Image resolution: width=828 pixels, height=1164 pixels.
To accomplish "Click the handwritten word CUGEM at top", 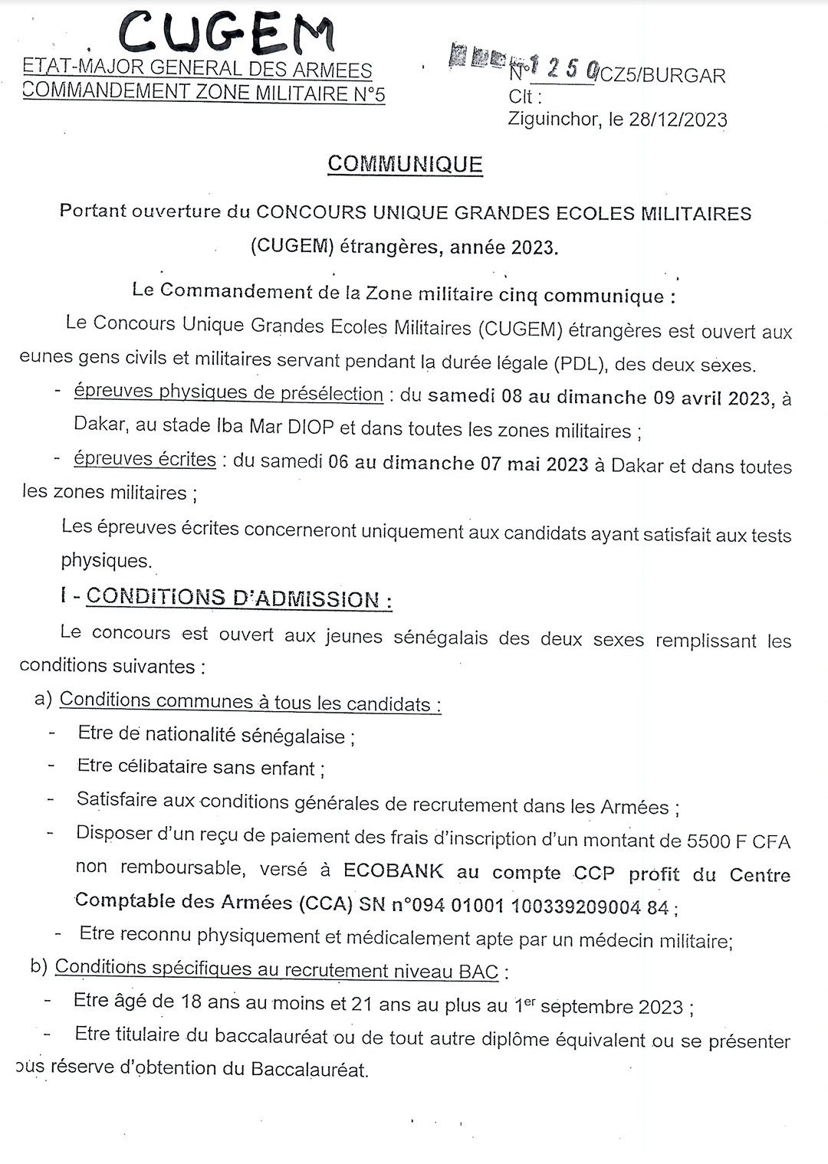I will tap(227, 33).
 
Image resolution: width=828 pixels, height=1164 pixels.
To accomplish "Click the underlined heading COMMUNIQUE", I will tap(405, 164).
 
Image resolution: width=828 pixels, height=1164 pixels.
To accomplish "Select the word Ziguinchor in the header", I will tap(553, 120).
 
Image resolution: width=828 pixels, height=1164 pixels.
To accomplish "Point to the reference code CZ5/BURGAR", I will tap(662, 75).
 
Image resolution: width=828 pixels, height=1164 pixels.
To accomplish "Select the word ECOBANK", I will tap(393, 871).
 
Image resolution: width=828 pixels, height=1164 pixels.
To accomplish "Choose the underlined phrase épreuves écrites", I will tap(145, 459).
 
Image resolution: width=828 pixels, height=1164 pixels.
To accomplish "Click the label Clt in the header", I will tap(525, 97).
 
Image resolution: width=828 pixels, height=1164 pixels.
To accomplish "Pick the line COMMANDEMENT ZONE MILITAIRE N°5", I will tap(204, 93).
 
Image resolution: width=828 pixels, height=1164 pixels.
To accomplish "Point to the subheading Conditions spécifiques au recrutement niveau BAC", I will tap(276, 969).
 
